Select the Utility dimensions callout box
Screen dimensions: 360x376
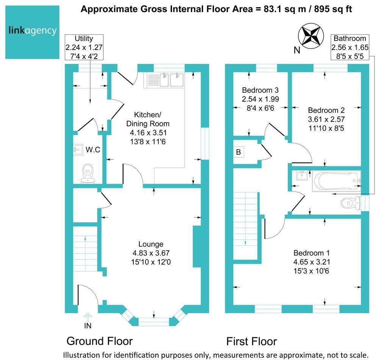coord(84,47)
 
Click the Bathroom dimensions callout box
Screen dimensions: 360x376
coord(349,47)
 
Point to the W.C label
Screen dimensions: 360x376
coord(93,150)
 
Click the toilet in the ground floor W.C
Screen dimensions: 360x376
coord(88,172)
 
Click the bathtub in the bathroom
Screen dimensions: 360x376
coord(335,181)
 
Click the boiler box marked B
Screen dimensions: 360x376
coord(239,152)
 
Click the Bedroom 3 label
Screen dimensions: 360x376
coord(260,90)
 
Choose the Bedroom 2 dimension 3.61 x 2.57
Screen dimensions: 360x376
coord(326,119)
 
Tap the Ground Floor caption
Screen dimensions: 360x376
coord(100,341)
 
